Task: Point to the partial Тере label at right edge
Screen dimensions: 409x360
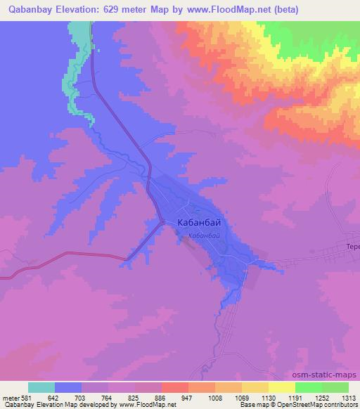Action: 352,247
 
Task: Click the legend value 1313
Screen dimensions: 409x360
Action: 349,398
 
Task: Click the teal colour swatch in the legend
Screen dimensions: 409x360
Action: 41,387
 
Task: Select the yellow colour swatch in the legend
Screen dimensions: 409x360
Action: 281,387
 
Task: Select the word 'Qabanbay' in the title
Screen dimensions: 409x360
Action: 30,10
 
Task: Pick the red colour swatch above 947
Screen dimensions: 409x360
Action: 174,387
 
